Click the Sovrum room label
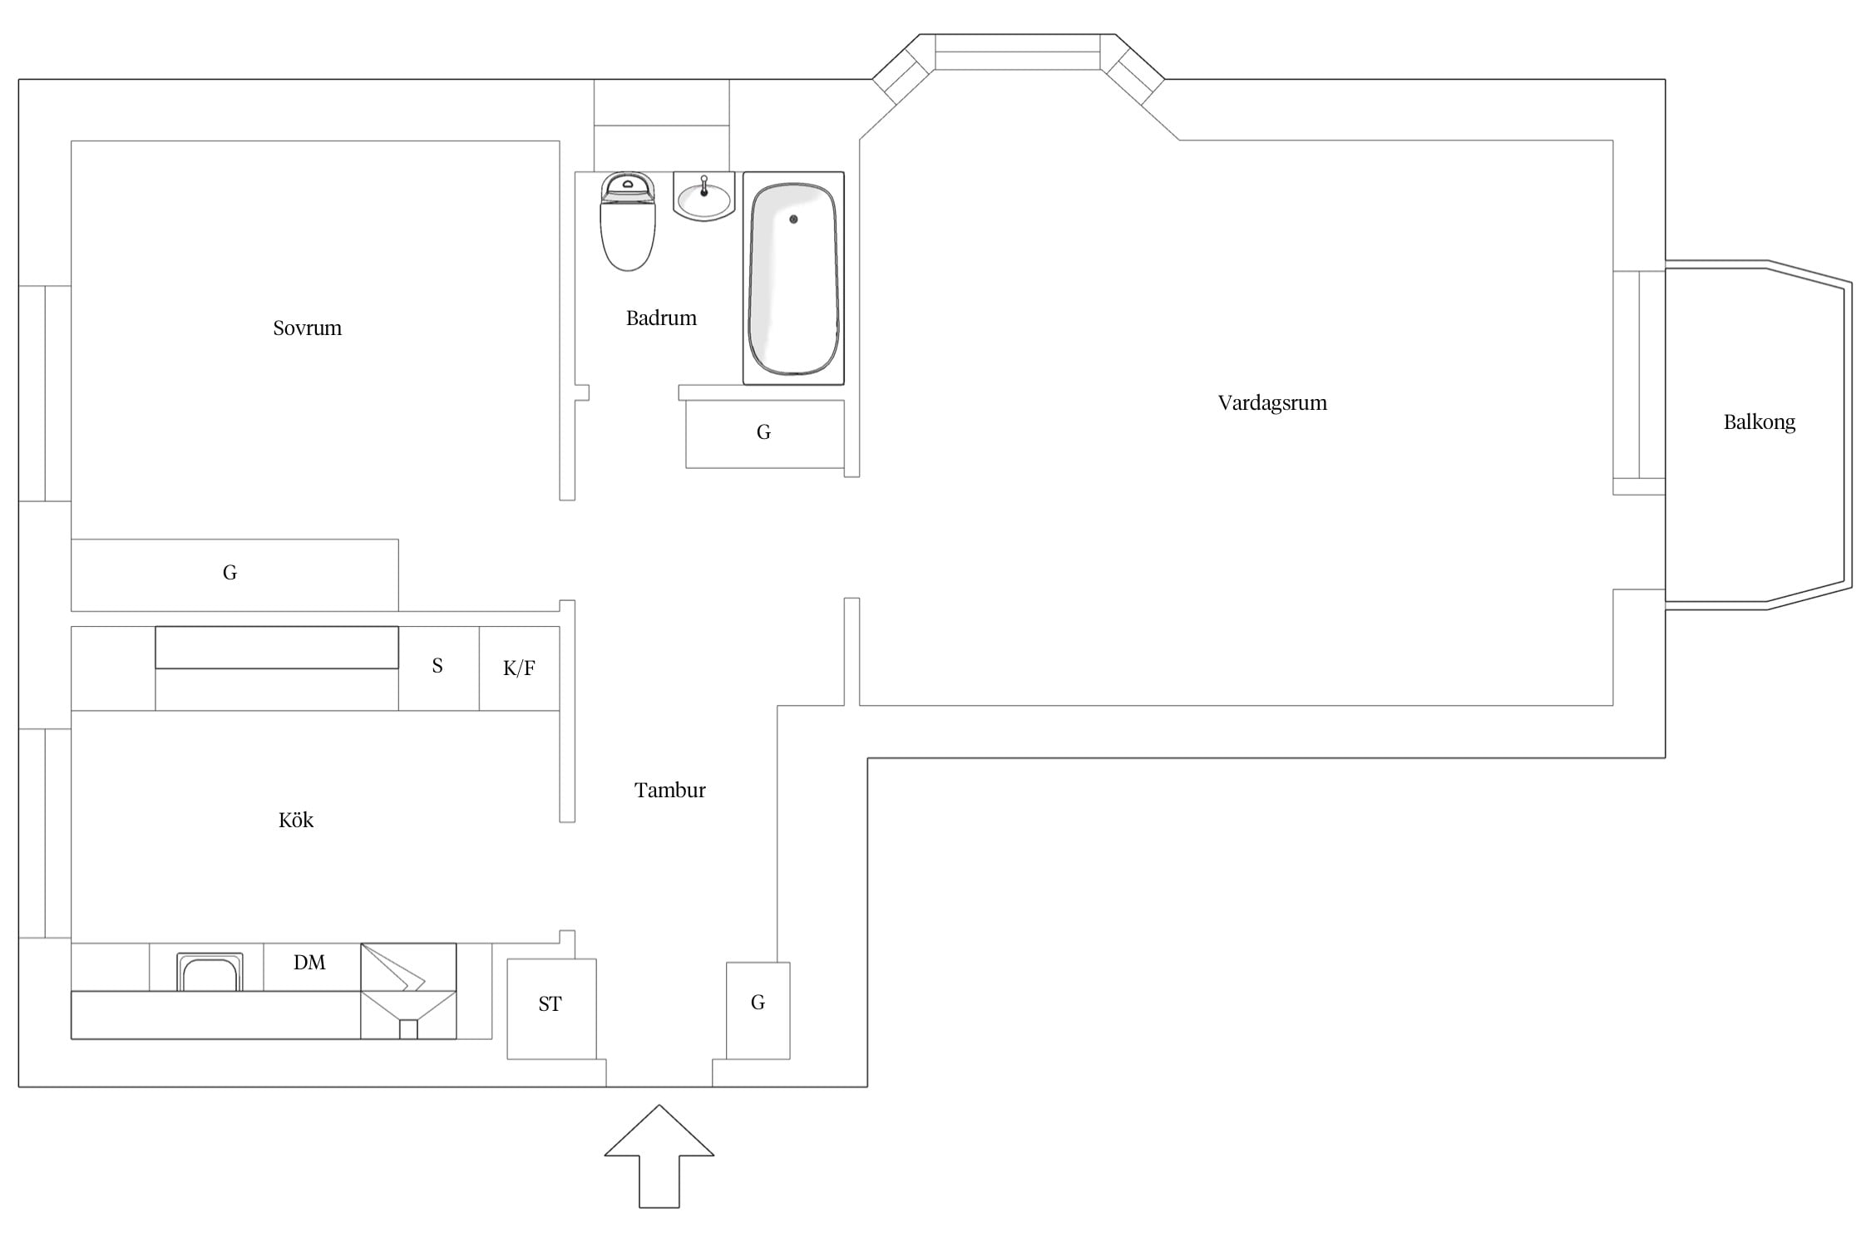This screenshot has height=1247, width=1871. click(x=307, y=328)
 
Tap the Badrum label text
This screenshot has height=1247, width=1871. click(x=661, y=318)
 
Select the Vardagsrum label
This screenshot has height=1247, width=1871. click(x=1272, y=403)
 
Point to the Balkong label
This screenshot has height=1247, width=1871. click(x=1759, y=422)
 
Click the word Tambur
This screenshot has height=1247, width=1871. click(x=669, y=790)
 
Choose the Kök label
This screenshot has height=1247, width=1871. click(x=295, y=820)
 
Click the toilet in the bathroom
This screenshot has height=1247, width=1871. click(x=628, y=221)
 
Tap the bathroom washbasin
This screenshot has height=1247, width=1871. click(x=704, y=197)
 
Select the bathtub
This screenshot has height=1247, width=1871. click(x=793, y=278)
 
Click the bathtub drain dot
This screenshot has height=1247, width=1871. click(x=793, y=219)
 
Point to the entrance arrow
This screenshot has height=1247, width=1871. click(x=659, y=1156)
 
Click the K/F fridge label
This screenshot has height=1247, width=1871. click(x=519, y=668)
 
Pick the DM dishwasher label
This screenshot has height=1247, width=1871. click(x=309, y=963)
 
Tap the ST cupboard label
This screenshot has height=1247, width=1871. click(x=550, y=1004)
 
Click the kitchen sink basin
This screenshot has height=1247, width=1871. click(x=210, y=973)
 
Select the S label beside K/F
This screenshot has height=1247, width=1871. click(x=437, y=666)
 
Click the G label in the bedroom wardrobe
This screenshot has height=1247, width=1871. click(x=230, y=572)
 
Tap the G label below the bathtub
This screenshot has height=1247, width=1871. click(x=763, y=431)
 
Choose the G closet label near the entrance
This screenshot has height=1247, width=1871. click(x=758, y=1003)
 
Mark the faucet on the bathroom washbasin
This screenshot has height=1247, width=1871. click(x=704, y=185)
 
